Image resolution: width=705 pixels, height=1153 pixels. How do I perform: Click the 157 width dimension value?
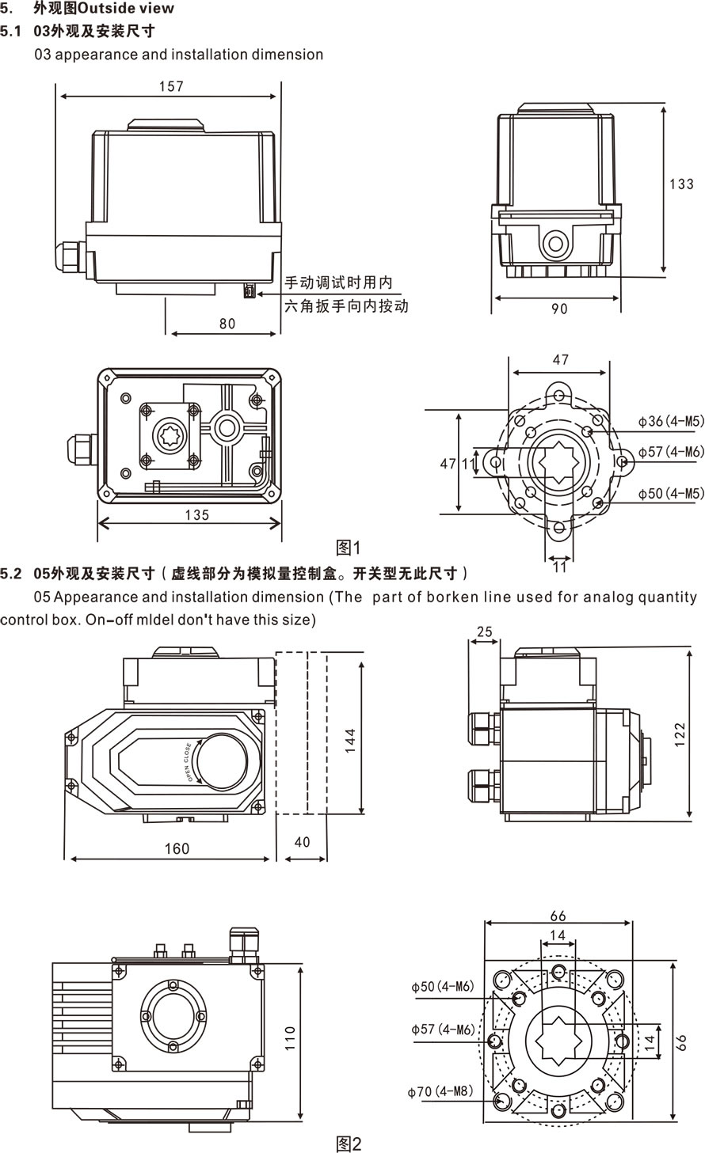tap(170, 86)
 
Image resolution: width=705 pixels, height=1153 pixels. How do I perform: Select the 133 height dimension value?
tap(681, 184)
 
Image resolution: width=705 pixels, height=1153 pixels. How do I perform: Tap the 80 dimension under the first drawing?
tap(227, 323)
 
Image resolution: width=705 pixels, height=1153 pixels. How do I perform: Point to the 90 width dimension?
tap(559, 309)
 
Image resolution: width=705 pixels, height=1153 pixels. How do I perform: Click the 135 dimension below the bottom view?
tap(196, 515)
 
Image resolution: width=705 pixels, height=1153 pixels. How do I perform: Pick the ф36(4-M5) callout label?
tap(671, 421)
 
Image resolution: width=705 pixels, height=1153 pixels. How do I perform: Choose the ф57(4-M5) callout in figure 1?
tap(671, 452)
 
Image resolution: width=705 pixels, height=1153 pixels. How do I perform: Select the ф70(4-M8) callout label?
tap(440, 1091)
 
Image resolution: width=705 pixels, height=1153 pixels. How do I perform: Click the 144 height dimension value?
tap(350, 739)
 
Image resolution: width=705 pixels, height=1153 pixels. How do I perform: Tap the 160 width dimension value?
tap(176, 848)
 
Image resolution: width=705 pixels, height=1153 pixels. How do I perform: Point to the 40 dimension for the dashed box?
tap(302, 842)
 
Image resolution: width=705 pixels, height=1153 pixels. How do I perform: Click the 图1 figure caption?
tap(349, 548)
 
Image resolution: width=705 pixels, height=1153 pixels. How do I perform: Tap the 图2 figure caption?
tap(349, 1144)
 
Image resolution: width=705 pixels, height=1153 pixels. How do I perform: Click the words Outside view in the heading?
tap(127, 9)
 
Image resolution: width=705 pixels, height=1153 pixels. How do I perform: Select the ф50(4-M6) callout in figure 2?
tap(442, 986)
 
